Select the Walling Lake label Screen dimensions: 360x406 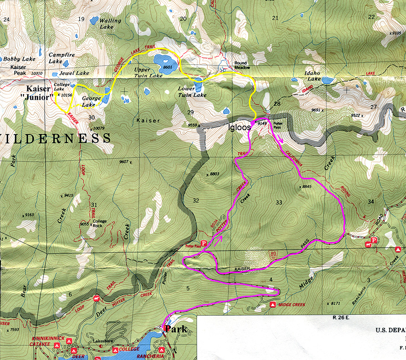point(110,24)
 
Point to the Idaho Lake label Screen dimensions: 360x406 point(312,76)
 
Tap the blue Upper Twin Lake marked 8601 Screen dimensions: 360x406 point(165,62)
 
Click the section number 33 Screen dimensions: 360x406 point(279,203)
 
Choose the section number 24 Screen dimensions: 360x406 point(6,20)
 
